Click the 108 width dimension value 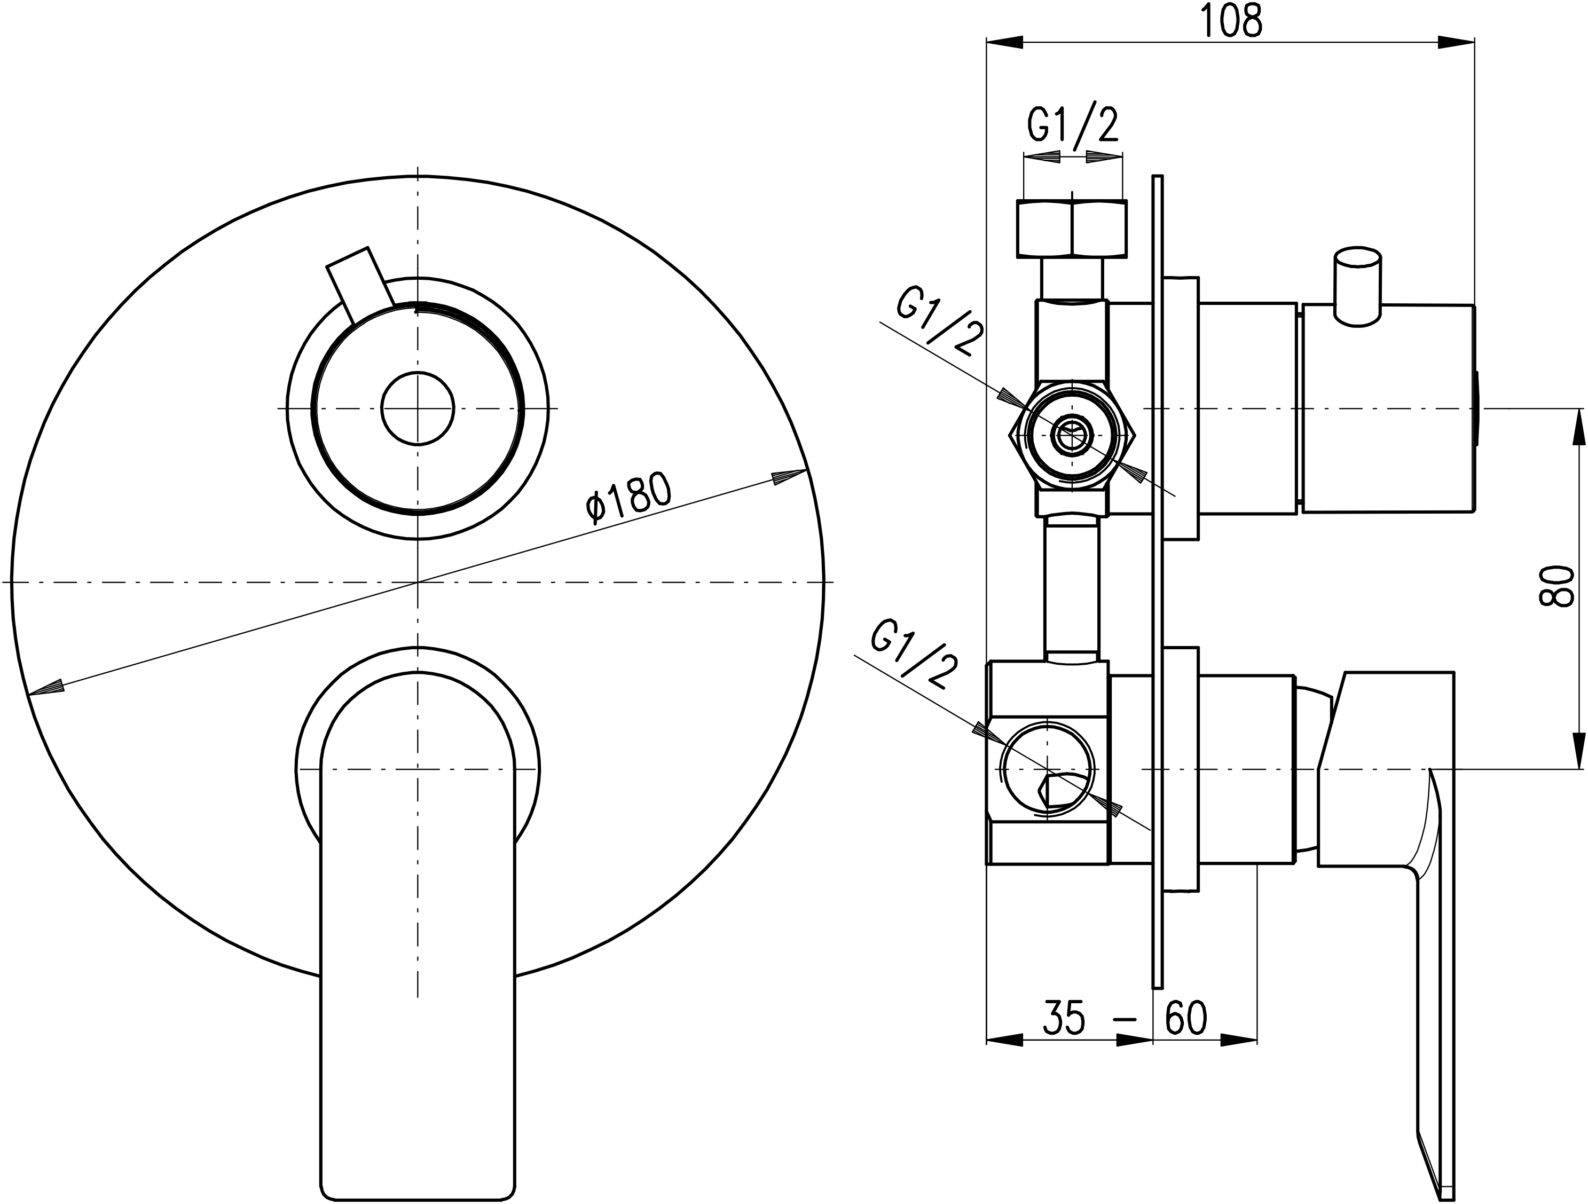1231,21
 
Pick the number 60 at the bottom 1185,1017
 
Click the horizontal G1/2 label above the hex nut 1073,125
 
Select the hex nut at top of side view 1072,229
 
